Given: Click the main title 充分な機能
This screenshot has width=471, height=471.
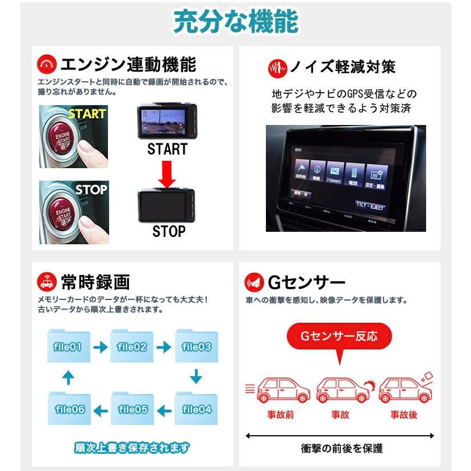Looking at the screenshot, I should [x=235, y=23].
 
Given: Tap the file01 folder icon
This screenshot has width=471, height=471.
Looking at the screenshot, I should [x=68, y=347].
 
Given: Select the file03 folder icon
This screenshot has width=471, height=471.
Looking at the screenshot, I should [x=197, y=347].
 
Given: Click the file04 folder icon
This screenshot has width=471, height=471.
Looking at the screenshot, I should [x=197, y=409].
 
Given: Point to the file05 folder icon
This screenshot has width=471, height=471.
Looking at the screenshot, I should [x=133, y=409].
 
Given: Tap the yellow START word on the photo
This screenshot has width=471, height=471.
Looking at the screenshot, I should [x=87, y=114].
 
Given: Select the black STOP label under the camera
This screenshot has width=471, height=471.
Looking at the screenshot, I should [x=169, y=231].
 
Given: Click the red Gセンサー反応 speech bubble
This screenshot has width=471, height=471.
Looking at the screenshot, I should [x=339, y=336].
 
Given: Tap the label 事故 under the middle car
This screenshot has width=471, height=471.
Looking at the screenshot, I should [x=340, y=415].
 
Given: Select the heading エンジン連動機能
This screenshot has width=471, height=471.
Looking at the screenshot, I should [x=128, y=62].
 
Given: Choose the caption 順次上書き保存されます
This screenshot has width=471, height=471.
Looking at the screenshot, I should [x=132, y=447].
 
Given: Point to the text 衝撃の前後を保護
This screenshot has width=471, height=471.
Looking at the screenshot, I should [x=341, y=448].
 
